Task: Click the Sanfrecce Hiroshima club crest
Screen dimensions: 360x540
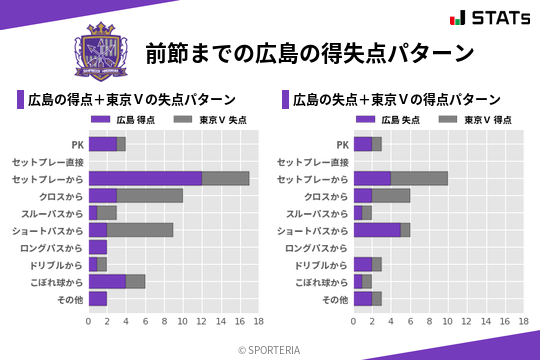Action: click(x=103, y=52)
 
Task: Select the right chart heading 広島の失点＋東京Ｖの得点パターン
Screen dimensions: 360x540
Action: click(x=397, y=99)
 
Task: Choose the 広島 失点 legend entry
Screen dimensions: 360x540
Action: click(x=390, y=120)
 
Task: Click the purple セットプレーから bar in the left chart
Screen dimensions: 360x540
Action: click(x=145, y=178)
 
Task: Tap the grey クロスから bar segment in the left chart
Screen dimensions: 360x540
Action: click(x=150, y=195)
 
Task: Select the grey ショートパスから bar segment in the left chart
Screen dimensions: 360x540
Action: click(x=140, y=230)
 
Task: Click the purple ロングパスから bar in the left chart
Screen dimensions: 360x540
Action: click(x=98, y=247)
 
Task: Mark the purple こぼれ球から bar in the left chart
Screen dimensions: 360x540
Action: click(x=107, y=282)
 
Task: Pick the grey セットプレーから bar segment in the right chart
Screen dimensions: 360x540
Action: click(x=419, y=178)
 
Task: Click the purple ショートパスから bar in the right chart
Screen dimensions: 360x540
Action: click(x=377, y=230)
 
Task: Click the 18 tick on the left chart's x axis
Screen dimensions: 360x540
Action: click(x=258, y=322)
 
